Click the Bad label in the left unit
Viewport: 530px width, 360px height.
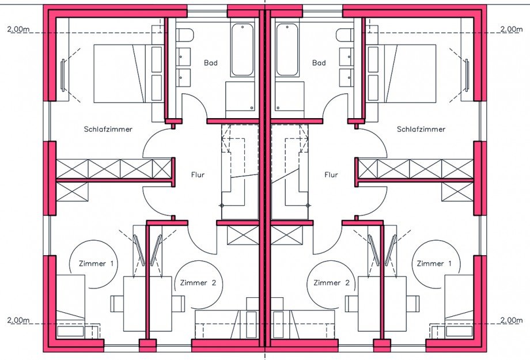coord(211,63)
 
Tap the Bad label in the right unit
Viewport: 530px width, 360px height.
coord(319,63)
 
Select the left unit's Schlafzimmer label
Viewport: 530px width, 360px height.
coord(108,129)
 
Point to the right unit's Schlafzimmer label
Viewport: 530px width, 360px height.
coord(421,129)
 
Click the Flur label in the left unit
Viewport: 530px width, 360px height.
coord(198,175)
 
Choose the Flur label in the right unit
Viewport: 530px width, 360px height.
coord(331,175)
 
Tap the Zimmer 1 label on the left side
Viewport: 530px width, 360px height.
coord(96,263)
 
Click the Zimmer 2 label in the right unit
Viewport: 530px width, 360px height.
coord(331,283)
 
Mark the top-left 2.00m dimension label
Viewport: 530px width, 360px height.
coord(18,29)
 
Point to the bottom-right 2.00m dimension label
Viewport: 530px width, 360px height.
coord(512,320)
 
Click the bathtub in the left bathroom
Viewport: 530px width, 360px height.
coord(243,50)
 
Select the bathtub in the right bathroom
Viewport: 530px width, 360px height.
coord(287,50)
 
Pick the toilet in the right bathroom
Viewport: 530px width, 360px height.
coord(344,35)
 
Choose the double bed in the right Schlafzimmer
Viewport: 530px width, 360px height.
coord(402,73)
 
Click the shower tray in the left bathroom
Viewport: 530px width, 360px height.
coord(240,96)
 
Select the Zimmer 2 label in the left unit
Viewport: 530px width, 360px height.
coord(198,283)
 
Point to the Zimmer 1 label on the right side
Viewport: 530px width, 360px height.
coord(434,263)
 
